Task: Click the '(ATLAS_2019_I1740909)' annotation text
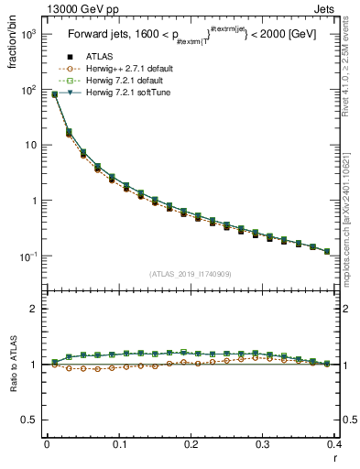pos(191,273)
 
